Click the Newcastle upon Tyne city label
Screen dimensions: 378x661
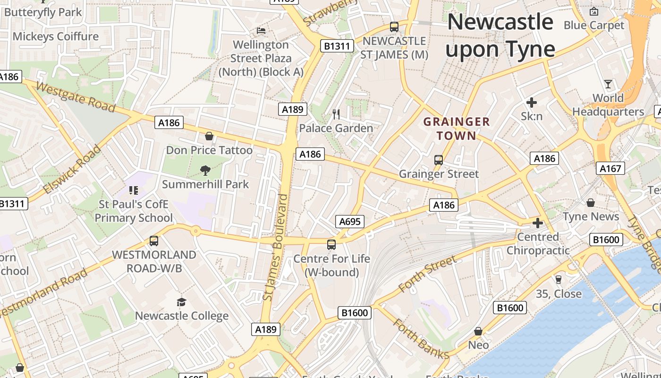[x=500, y=36]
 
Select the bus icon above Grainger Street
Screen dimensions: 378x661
[x=439, y=160]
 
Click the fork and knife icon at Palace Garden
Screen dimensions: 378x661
[x=336, y=114]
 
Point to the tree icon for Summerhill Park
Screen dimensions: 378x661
[x=205, y=170]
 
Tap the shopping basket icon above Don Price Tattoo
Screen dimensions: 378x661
[x=209, y=137]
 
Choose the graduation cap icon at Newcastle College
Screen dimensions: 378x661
[x=181, y=302]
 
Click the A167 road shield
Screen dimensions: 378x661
[x=611, y=168]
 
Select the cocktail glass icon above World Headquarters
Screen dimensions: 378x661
[x=608, y=84]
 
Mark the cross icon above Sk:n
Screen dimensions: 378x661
[x=532, y=102]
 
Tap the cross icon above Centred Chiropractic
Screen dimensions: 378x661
[x=538, y=223]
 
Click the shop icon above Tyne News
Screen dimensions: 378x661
[x=591, y=203]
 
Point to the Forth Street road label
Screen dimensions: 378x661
[x=428, y=274]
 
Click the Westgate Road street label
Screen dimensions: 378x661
[x=76, y=97]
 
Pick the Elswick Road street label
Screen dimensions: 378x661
[x=72, y=170]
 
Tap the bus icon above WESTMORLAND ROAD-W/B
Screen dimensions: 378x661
[x=153, y=241]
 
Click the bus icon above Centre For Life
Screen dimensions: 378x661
[x=331, y=245]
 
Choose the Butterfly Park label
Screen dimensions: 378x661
[x=43, y=12]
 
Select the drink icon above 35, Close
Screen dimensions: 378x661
[x=559, y=280]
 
